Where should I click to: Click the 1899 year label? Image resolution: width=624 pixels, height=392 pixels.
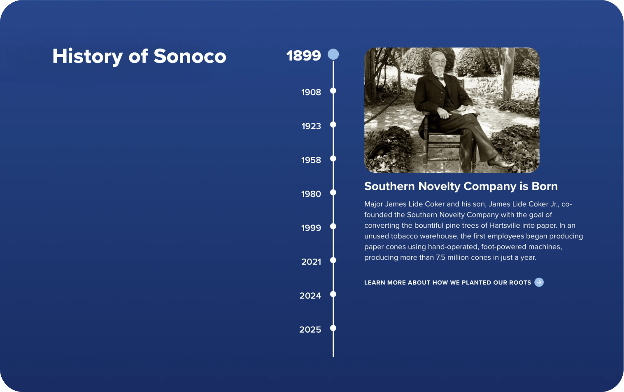click(304, 55)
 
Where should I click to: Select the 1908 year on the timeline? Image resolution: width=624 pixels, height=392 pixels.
click(311, 92)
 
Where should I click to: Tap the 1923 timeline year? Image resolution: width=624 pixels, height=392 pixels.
click(311, 126)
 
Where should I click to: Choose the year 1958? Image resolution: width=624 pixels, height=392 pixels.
click(311, 160)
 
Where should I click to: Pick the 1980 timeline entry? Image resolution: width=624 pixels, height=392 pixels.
click(311, 194)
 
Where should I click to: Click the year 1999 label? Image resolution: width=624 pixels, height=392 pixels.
click(311, 228)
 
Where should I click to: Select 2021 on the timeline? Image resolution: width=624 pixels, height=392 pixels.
click(311, 262)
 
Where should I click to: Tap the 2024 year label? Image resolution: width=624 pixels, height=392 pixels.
click(310, 296)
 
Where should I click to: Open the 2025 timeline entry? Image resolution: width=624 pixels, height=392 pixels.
click(310, 329)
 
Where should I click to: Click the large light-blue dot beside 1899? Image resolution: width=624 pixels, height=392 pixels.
click(333, 54)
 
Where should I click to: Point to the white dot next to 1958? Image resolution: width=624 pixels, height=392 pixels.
click(333, 159)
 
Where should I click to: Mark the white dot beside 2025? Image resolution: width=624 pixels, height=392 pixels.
click(333, 328)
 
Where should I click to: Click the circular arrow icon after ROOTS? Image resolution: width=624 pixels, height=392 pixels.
click(539, 282)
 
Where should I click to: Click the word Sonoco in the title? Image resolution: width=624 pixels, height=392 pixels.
click(190, 56)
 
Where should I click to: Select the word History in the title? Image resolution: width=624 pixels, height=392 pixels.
click(88, 57)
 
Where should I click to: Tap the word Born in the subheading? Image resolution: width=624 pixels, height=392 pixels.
click(545, 186)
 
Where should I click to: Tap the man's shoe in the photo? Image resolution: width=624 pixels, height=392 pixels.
click(501, 163)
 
